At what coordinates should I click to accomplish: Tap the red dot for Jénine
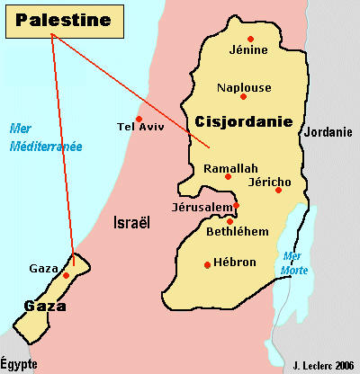[x=251, y=38]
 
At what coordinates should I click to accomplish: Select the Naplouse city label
[x=244, y=88]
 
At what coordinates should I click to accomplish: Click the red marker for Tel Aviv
[x=139, y=119]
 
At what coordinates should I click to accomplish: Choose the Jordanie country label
[x=328, y=132]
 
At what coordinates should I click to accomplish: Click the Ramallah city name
[x=230, y=168]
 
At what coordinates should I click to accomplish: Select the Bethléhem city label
[x=236, y=232]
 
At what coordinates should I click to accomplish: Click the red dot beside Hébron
[x=207, y=263]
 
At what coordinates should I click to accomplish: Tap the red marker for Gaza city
[x=67, y=274]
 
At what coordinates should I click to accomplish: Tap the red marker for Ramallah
[x=229, y=177]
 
